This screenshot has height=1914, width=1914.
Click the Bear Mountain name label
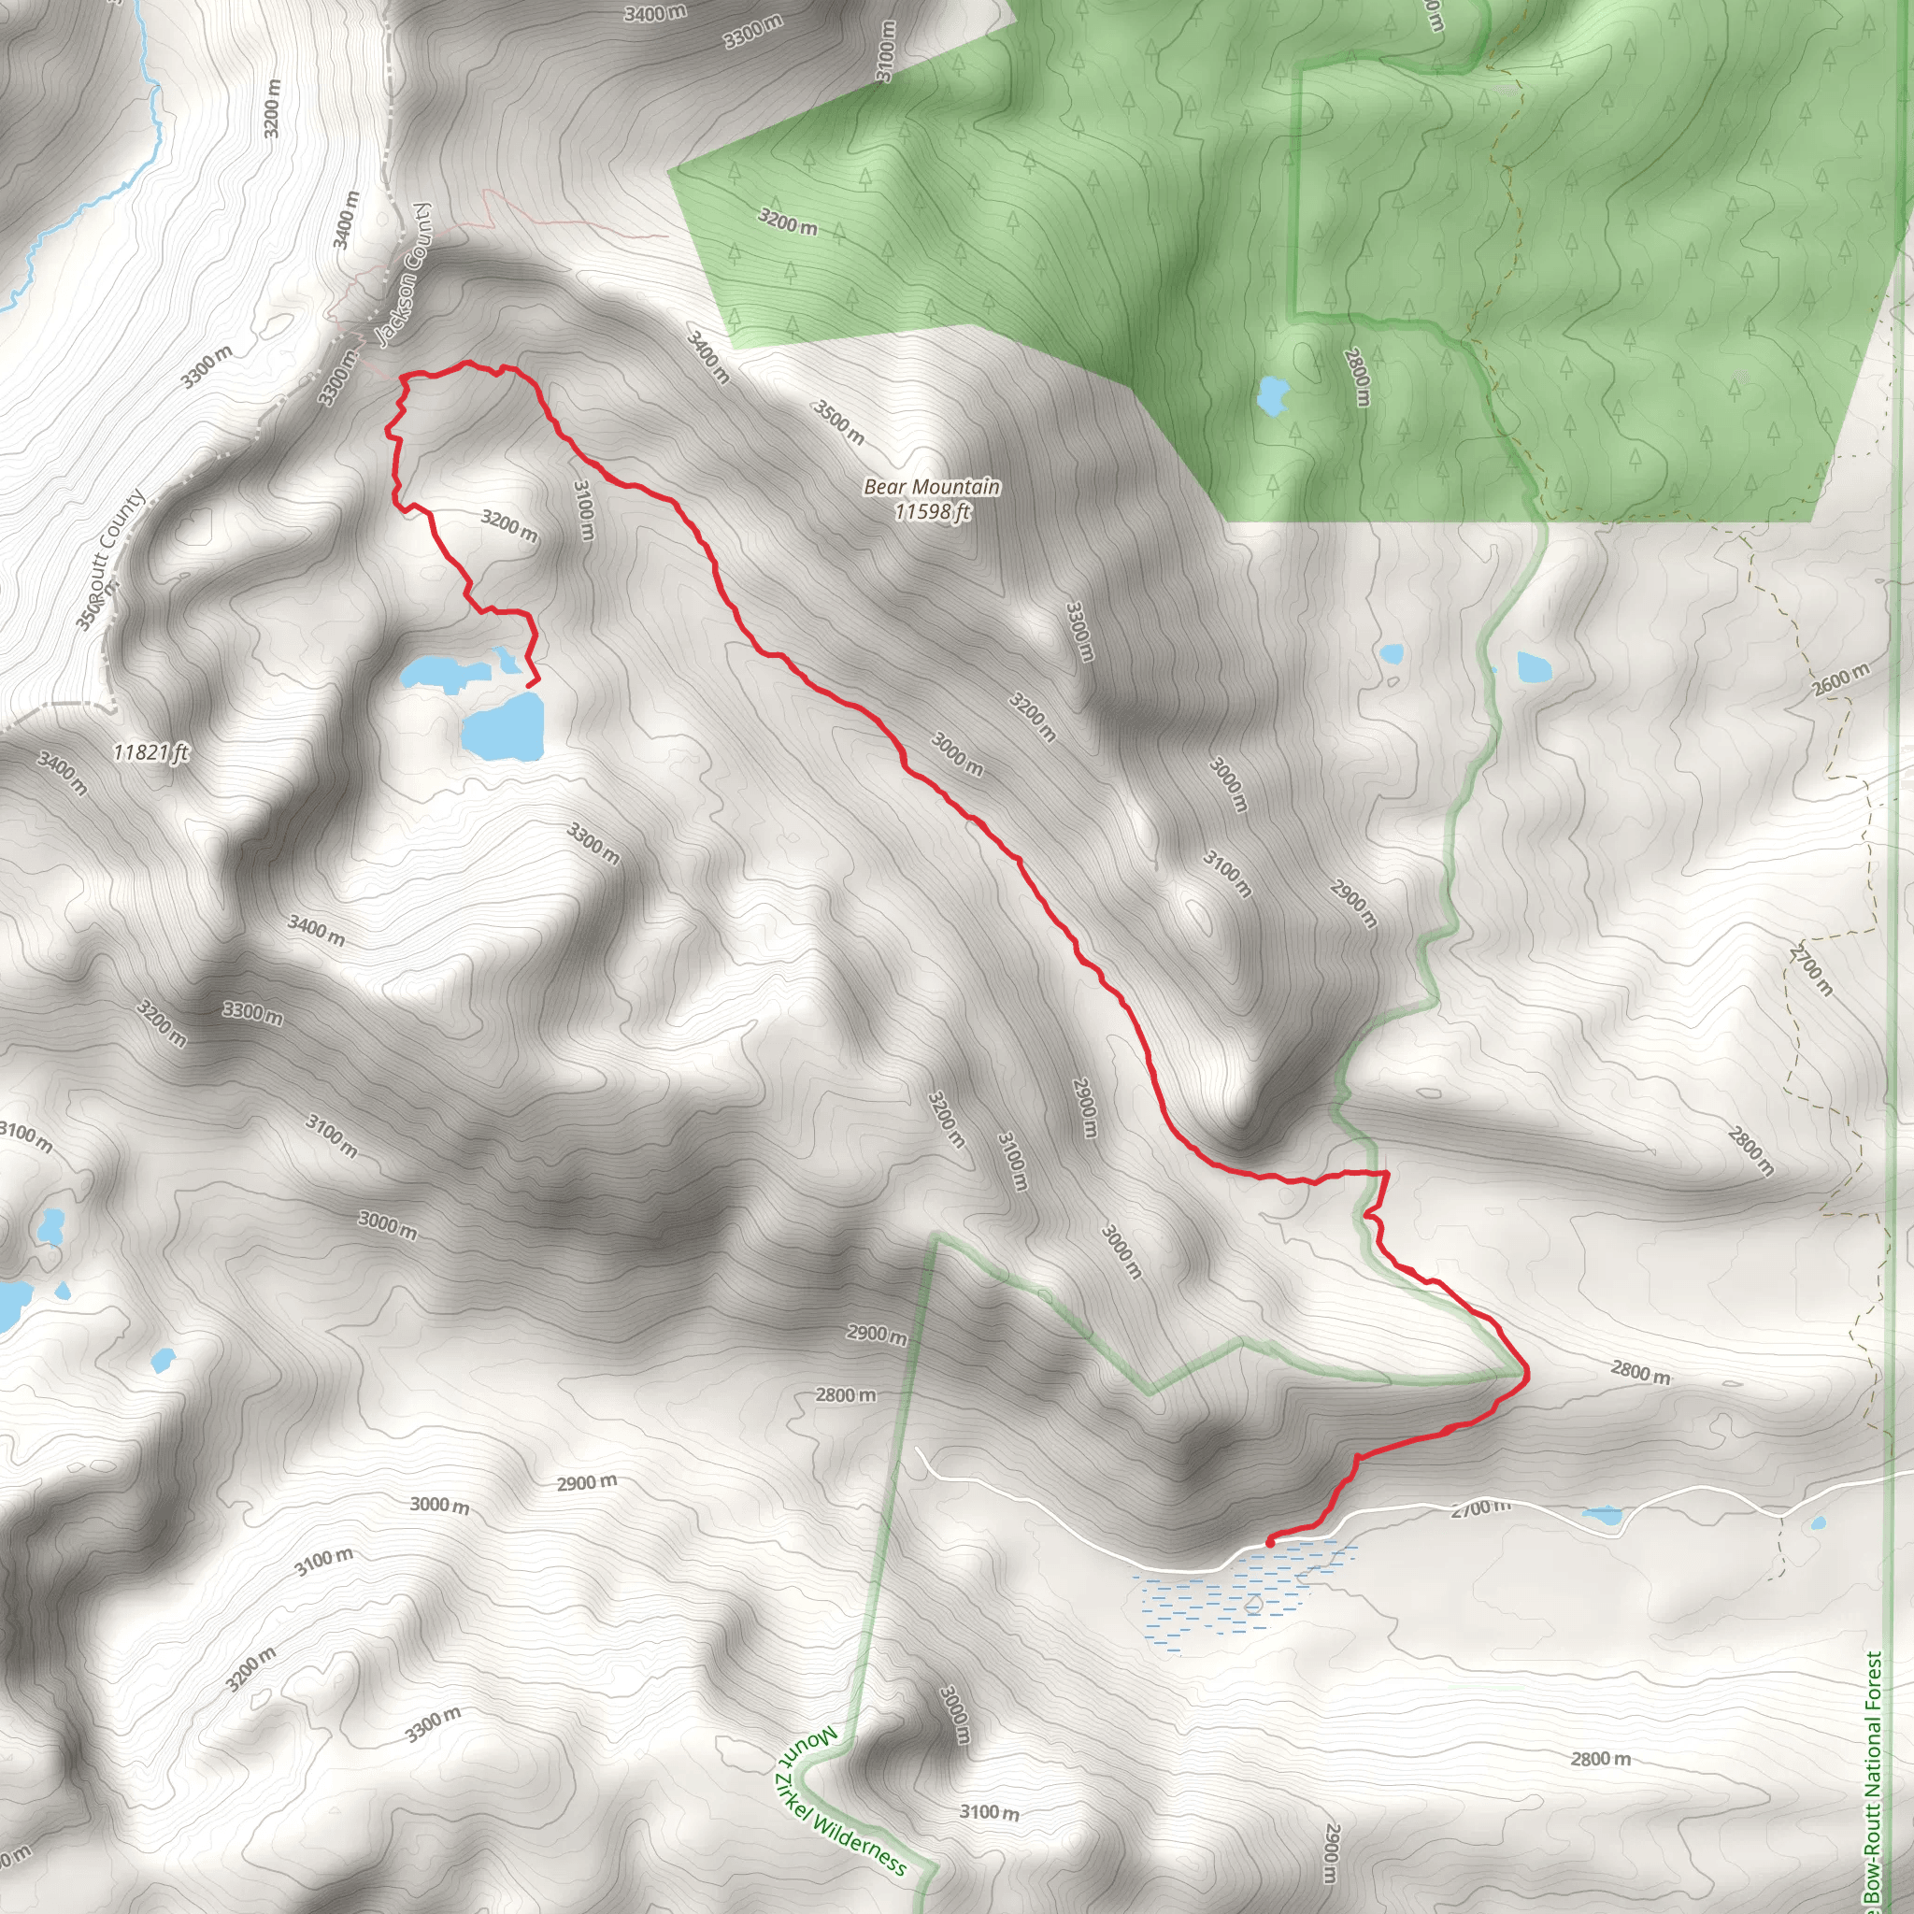pos(931,486)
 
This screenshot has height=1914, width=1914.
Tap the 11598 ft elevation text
pos(931,511)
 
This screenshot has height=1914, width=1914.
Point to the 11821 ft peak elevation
pos(150,752)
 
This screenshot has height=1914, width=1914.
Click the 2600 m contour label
pos(1841,679)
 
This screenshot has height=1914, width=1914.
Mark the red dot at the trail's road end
pos(1270,1541)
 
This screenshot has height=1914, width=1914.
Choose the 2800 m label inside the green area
pos(1357,377)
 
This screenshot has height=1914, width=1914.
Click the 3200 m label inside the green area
pos(788,221)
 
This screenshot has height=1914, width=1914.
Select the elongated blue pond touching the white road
pos(1602,1515)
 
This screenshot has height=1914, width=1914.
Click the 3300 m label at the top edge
pos(753,32)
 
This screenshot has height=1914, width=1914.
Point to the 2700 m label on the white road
pos(1481,1507)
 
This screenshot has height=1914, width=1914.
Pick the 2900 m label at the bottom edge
pos(1334,1852)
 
